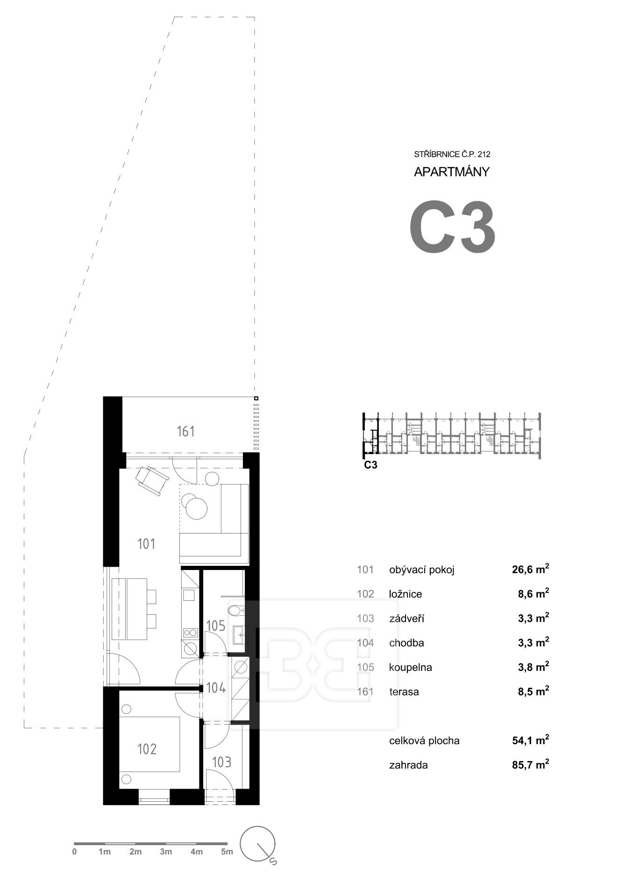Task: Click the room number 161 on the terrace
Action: tap(185, 431)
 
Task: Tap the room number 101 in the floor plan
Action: tap(146, 543)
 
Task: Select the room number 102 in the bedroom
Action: tap(147, 749)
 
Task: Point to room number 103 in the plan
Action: tap(221, 762)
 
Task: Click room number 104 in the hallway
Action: tap(216, 688)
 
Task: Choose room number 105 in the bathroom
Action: tap(215, 626)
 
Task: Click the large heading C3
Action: tap(452, 227)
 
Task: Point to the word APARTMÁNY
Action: tap(452, 172)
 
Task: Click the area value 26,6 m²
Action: tap(530, 569)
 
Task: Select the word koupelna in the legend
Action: tap(410, 667)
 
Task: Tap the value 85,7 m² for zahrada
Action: tap(530, 765)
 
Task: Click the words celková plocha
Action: tap(424, 740)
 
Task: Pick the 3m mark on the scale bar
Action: tap(165, 852)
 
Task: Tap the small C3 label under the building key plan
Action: tap(370, 465)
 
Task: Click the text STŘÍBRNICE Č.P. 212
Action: tap(452, 154)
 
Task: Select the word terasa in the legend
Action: tap(404, 691)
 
